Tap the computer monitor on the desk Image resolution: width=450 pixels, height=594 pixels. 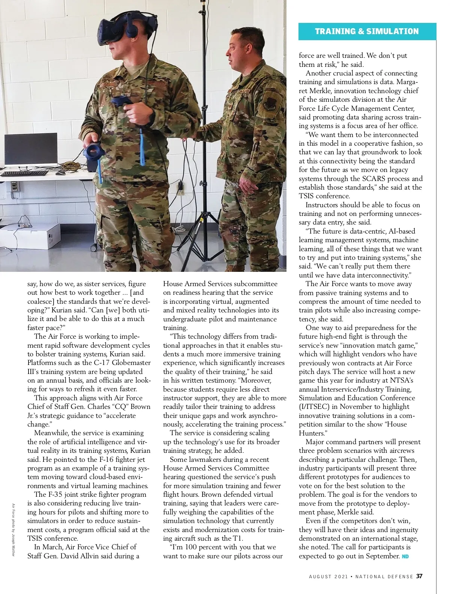[x=31, y=150]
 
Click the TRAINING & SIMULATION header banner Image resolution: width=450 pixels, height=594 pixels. [x=367, y=32]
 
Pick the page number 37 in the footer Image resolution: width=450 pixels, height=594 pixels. [x=419, y=576]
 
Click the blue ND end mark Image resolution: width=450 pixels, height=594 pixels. [x=405, y=556]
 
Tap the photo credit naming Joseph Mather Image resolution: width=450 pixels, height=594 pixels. [x=13, y=530]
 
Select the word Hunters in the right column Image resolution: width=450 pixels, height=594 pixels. [x=312, y=433]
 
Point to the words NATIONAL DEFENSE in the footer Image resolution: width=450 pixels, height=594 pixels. [x=384, y=576]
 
